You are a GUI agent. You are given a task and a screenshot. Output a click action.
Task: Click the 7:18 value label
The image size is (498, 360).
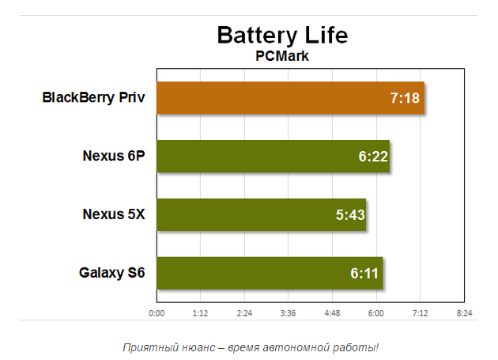405,99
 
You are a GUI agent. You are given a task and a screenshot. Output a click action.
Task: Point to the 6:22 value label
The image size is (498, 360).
372,157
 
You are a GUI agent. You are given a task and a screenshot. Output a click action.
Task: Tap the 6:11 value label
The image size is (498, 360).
365,274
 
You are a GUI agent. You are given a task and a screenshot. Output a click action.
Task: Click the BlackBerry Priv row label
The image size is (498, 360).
93,98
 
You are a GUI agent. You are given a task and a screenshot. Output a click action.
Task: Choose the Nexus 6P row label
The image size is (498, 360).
114,156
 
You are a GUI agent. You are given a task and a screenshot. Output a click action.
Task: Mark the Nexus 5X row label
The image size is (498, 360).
114,214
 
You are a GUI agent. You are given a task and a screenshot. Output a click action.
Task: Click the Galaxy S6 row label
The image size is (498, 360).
112,274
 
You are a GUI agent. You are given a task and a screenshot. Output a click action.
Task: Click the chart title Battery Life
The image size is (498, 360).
282,36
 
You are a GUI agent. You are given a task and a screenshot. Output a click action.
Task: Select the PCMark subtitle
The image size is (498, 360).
281,56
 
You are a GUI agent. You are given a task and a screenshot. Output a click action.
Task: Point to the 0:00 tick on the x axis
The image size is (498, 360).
157,313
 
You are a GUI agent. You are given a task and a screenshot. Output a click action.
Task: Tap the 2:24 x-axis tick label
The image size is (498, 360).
244,313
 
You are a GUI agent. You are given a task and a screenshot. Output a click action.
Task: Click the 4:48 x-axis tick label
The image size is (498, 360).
332,313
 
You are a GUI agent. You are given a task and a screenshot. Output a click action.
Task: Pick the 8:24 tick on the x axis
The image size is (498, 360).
464,313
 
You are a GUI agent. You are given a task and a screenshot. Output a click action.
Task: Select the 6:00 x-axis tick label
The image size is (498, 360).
376,313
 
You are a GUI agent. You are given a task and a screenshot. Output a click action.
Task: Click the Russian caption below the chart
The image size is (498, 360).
251,347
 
